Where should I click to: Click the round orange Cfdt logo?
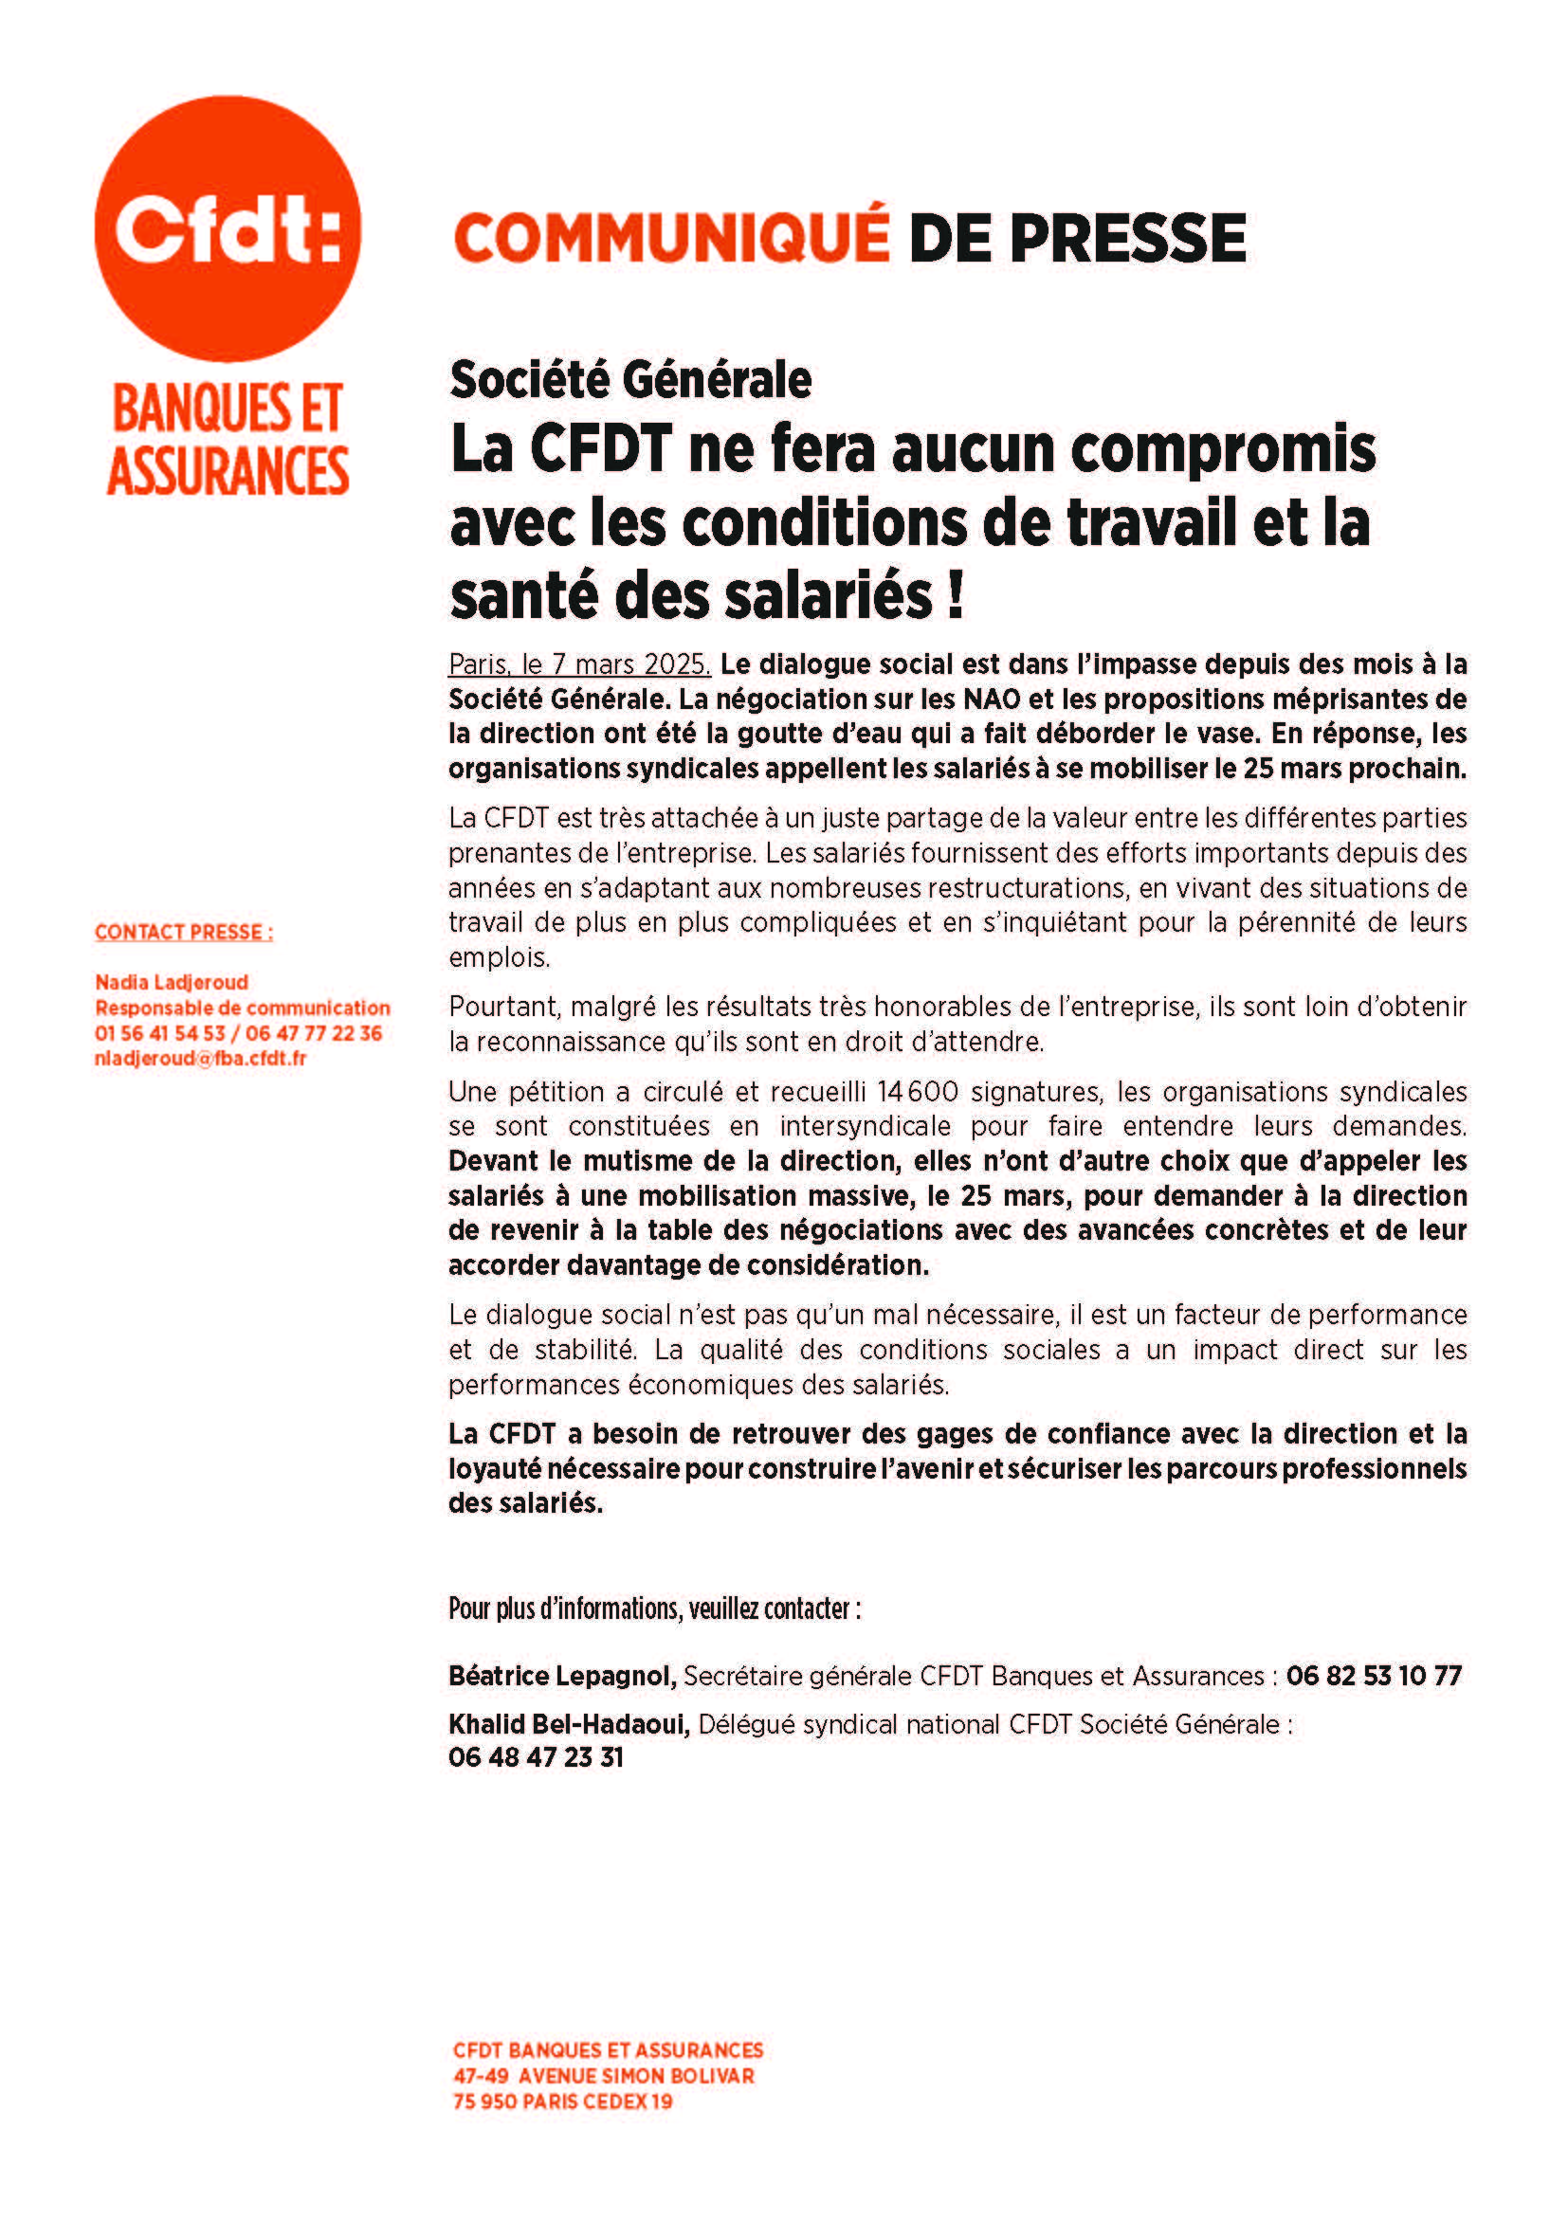[x=227, y=228]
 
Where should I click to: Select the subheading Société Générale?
[x=629, y=379]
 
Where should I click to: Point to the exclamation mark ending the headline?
[x=955, y=596]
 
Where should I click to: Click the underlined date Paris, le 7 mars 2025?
[x=579, y=664]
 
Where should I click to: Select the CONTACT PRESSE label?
[x=184, y=932]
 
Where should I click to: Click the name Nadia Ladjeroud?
[x=172, y=982]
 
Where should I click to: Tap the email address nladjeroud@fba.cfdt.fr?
[x=200, y=1059]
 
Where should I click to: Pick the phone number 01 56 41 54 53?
[x=159, y=1033]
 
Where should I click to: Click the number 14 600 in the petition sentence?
[x=918, y=1092]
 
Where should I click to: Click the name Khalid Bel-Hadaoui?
[x=569, y=1724]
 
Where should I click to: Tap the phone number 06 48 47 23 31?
[x=536, y=1757]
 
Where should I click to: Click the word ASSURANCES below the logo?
[x=228, y=471]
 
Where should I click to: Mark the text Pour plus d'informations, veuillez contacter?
[x=654, y=1608]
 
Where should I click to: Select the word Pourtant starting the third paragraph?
[x=503, y=1008]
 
